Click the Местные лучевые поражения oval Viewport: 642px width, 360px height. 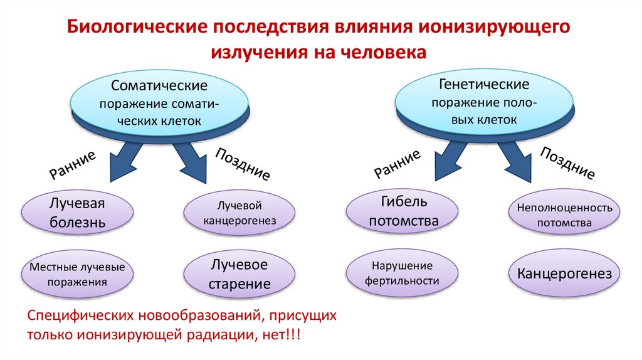73,275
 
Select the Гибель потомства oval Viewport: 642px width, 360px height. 403,211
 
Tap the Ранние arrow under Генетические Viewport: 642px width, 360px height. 449,161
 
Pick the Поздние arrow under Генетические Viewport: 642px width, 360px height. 517,162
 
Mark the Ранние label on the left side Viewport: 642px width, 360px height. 73,164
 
